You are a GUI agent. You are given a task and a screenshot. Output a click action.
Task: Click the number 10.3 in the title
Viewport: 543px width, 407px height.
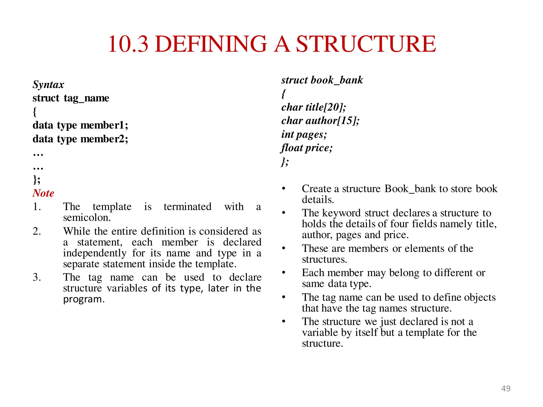(128, 44)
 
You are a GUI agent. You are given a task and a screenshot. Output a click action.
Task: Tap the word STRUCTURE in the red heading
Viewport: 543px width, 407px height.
(366, 44)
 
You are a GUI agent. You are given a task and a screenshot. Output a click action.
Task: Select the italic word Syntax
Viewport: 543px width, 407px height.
(48, 85)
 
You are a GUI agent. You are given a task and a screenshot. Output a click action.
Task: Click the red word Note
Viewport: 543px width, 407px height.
(43, 193)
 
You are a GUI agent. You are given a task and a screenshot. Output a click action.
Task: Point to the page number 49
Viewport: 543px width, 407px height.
(506, 388)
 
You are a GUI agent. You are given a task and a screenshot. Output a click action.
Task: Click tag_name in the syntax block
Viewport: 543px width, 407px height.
(86, 98)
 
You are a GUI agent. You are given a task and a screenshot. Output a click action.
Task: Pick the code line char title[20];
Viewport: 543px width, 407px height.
(314, 107)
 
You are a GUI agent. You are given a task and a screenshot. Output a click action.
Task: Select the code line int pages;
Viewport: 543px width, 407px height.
(304, 134)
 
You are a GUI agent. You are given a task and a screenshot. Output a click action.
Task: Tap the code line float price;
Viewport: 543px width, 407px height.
(307, 148)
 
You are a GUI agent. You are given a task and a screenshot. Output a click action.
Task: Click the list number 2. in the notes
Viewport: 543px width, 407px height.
(37, 231)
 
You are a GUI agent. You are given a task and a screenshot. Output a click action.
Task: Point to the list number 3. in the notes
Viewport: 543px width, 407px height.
(37, 277)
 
